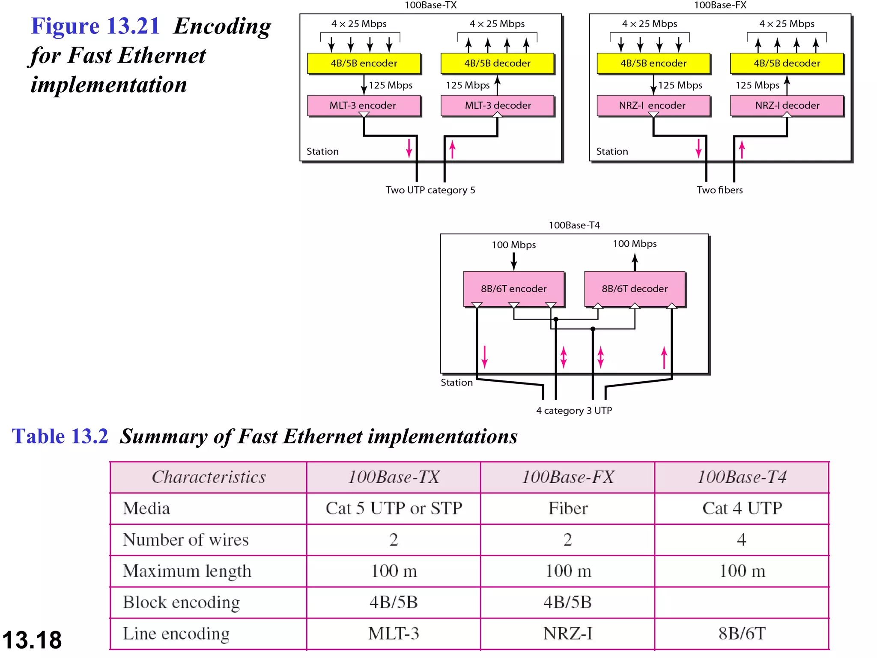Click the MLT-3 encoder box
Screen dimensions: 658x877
[x=364, y=105]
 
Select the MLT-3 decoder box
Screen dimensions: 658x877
[x=497, y=105]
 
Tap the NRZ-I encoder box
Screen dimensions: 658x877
[x=653, y=105]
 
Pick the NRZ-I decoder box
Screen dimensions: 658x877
[x=787, y=105]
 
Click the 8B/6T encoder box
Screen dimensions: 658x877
[x=513, y=289]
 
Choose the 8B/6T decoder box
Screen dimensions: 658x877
[x=635, y=289]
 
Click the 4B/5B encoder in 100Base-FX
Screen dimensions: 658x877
[x=653, y=63]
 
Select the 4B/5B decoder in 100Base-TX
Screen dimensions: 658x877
[x=497, y=63]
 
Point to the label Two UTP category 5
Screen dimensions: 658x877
[x=430, y=190]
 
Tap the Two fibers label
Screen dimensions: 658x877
[x=719, y=190]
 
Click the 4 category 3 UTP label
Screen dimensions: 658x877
[x=574, y=410]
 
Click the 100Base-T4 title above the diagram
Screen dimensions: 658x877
[x=574, y=225]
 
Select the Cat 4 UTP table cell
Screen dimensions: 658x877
[x=742, y=508]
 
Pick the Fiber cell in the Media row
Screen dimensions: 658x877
[x=568, y=508]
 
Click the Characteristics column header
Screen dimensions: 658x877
[x=209, y=477]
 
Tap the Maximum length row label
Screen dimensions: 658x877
[x=187, y=571]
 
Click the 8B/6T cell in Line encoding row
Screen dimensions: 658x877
[x=742, y=634]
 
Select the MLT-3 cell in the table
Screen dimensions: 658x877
[x=394, y=634]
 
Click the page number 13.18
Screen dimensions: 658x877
[x=32, y=640]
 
